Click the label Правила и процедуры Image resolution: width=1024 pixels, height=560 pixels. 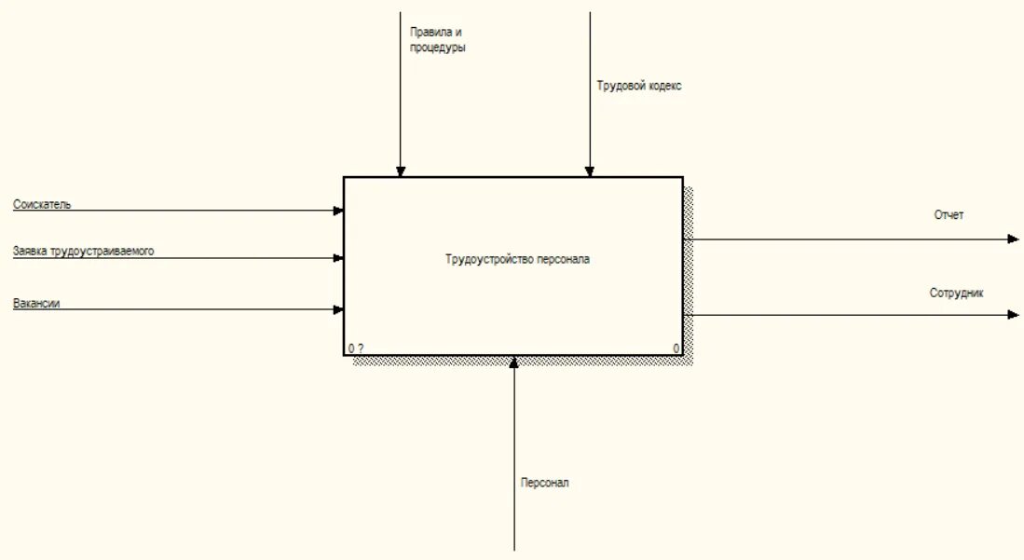(x=437, y=39)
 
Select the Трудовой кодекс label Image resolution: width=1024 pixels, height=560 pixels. (x=639, y=86)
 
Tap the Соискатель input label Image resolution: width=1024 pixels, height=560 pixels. (x=42, y=204)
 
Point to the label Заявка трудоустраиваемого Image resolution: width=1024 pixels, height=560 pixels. (x=83, y=251)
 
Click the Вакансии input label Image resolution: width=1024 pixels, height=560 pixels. (x=37, y=303)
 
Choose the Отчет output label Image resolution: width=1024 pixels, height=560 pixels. (x=949, y=215)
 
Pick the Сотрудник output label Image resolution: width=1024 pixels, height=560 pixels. (x=956, y=293)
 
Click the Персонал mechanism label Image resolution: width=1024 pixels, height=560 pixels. (x=545, y=483)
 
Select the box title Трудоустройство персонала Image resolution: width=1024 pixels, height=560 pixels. (x=517, y=260)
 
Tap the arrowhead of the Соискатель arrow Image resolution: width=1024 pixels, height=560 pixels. (x=338, y=211)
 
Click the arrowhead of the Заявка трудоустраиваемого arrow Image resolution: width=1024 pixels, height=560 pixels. (x=338, y=258)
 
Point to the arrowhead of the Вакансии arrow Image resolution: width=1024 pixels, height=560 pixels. (x=338, y=309)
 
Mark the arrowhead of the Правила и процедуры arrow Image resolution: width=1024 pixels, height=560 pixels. (x=401, y=171)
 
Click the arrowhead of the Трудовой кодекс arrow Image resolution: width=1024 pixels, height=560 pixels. (x=589, y=171)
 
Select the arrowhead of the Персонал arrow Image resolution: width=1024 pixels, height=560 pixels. (x=513, y=362)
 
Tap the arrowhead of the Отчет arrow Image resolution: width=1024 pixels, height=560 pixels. (x=1014, y=239)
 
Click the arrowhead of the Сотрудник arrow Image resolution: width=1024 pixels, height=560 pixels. (x=1014, y=315)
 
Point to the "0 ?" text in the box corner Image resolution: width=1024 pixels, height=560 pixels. (x=356, y=348)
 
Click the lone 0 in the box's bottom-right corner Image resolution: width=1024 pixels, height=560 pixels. (x=676, y=348)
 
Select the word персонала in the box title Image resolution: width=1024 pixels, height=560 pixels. (x=563, y=260)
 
